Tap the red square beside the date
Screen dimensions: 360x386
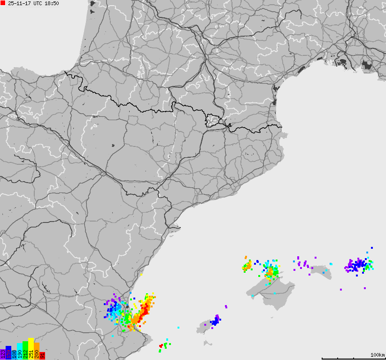[x=3, y=3]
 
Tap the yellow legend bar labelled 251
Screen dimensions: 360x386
[x=31, y=349]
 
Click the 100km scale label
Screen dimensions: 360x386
[x=377, y=355]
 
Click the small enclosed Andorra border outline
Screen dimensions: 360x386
[x=214, y=121]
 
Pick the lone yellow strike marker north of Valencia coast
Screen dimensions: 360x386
[x=141, y=275]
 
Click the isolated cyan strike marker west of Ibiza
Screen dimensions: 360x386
[x=178, y=327]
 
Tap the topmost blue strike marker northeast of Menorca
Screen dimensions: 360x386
[x=372, y=247]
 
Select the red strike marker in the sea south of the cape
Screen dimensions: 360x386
[x=161, y=346]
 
